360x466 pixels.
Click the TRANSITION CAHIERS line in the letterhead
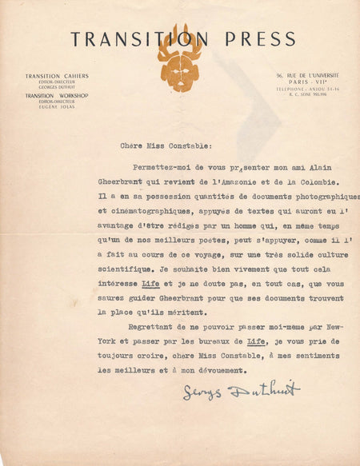point(57,76)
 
